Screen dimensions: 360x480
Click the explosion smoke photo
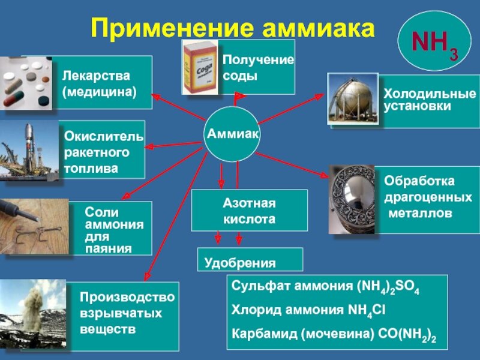pos(32,314)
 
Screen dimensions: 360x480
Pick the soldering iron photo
pos(33,227)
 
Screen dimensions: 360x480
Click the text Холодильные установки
pos(430,100)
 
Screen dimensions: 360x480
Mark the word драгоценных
pos(428,197)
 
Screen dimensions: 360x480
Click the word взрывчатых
pos(121,313)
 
